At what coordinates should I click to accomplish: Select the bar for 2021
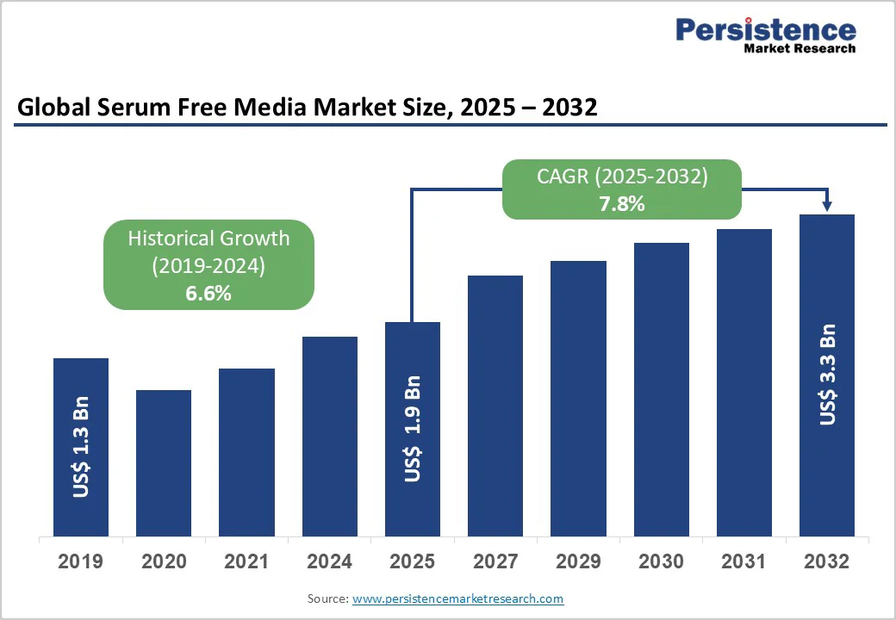click(x=246, y=452)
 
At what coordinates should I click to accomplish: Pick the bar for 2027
click(x=495, y=406)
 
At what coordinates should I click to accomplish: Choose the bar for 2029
click(x=578, y=398)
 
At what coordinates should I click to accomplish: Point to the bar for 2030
click(x=662, y=389)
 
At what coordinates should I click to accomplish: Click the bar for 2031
click(x=744, y=382)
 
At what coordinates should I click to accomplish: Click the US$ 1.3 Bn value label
click(x=81, y=447)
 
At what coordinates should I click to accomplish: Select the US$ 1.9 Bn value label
click(x=413, y=428)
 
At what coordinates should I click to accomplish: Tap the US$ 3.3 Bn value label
click(x=827, y=375)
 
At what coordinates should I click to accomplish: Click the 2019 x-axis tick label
click(x=81, y=561)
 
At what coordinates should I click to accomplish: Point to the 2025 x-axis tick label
click(x=413, y=561)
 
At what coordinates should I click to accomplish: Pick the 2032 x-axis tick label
click(x=827, y=561)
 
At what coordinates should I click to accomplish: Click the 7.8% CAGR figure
click(x=622, y=204)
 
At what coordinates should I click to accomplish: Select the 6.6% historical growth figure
click(x=208, y=293)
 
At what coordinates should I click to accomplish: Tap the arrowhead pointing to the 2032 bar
click(x=827, y=206)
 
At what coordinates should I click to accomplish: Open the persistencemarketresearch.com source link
click(x=458, y=598)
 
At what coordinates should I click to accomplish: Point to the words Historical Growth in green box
click(x=208, y=239)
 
